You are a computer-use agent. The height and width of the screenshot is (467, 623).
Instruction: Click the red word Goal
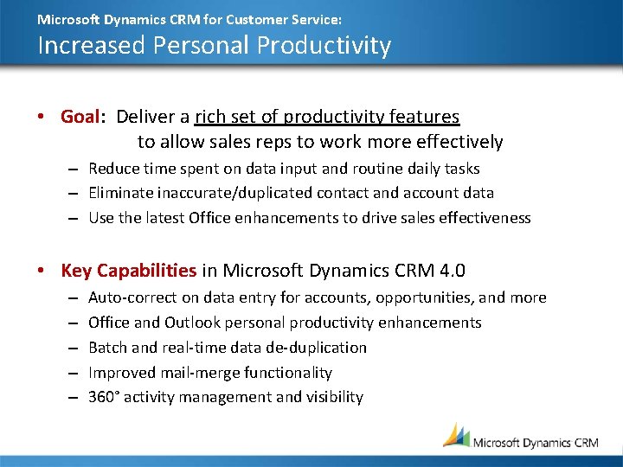(80, 117)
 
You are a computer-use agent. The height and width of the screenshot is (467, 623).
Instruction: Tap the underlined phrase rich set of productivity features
(327, 117)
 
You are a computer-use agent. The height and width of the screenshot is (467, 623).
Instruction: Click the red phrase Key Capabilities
(129, 271)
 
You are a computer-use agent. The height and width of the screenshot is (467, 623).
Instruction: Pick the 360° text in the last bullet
(103, 398)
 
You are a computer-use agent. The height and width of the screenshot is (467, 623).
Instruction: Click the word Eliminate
(119, 193)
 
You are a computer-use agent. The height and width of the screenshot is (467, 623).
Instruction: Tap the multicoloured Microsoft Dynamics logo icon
(456, 435)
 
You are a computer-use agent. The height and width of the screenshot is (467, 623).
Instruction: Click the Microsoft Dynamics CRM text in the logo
(535, 442)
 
